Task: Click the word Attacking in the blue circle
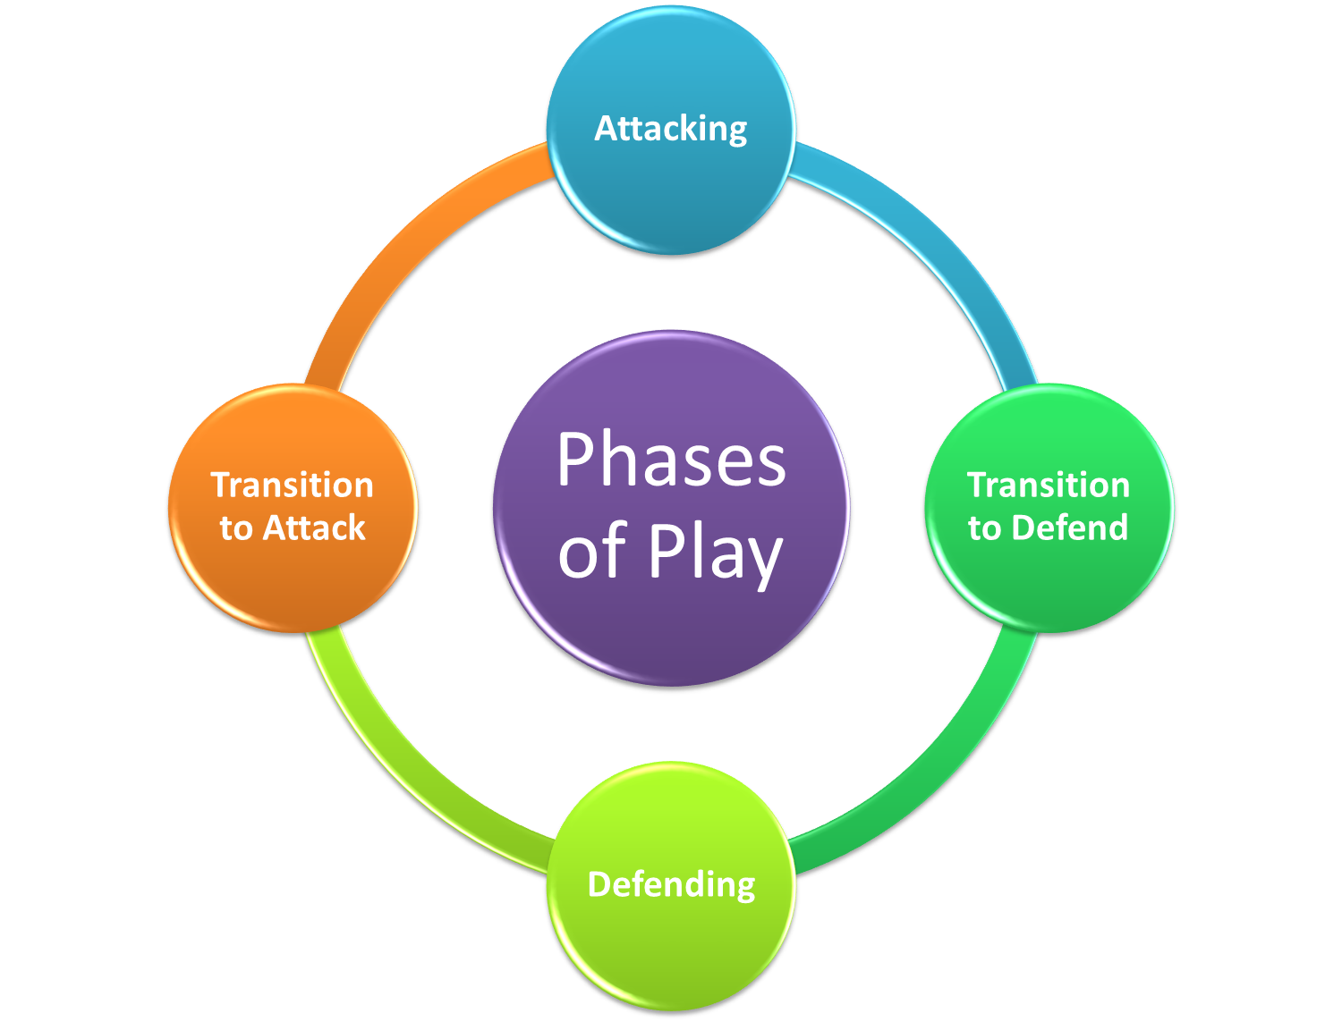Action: [x=670, y=130]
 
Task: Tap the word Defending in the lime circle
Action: [x=671, y=884]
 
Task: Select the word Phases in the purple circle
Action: [x=671, y=459]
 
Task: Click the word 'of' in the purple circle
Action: [x=592, y=551]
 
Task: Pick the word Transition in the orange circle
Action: [x=292, y=486]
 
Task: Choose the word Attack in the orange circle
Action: [x=314, y=528]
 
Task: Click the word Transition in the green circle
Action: [x=1048, y=486]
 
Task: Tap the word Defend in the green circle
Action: [x=1069, y=528]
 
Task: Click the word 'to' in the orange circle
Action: [x=235, y=529]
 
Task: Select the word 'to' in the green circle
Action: [x=984, y=529]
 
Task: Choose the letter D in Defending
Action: [x=599, y=884]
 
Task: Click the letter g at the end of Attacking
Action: [x=736, y=134]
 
